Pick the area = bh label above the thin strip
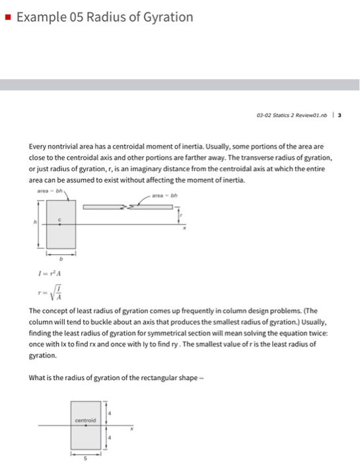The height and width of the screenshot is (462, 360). coord(161,195)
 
